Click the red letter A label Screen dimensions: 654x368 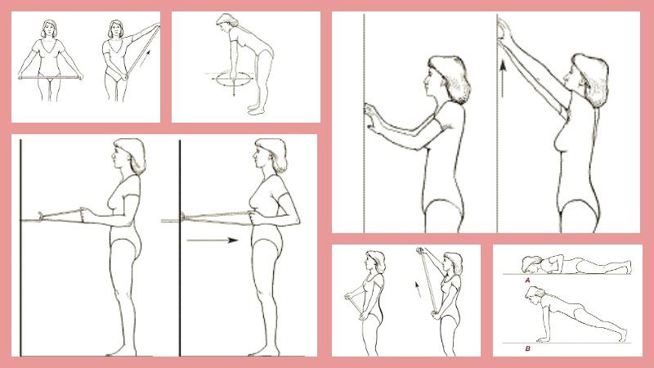(527, 280)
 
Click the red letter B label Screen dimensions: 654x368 (527, 348)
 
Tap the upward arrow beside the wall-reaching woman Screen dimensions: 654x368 (503, 79)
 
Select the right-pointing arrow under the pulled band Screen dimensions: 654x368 (213, 240)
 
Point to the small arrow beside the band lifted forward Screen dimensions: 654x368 (418, 289)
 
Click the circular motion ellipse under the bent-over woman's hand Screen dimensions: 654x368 (234, 79)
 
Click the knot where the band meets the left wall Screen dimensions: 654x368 (40, 217)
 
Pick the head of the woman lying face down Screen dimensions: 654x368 (531, 263)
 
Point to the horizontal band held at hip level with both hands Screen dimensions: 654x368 (50, 77)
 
